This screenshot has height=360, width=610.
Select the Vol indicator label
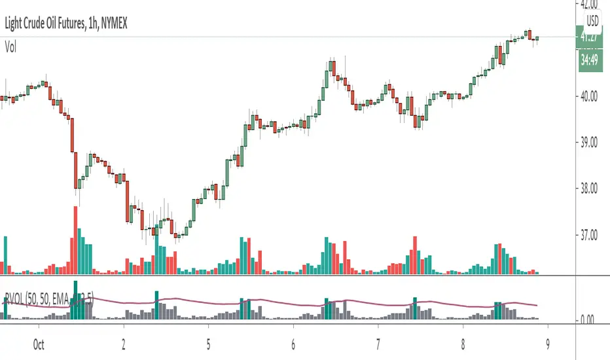click(x=11, y=47)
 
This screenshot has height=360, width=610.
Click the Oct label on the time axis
click(x=38, y=342)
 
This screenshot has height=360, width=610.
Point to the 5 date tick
click(x=207, y=342)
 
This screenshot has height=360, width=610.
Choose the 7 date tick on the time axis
click(x=378, y=342)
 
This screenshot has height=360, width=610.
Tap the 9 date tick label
click(x=547, y=342)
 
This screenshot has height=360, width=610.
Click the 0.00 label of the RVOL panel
click(x=592, y=320)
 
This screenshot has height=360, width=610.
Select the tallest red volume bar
click(x=73, y=239)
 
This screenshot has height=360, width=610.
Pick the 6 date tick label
click(x=293, y=342)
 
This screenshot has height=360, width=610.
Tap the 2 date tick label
click(x=124, y=342)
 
